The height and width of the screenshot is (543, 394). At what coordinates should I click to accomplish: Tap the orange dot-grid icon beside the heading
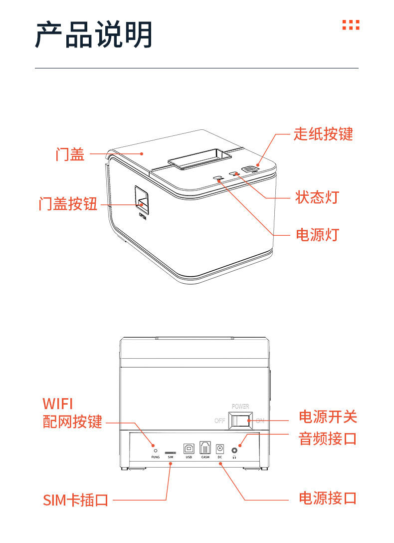pos(351,25)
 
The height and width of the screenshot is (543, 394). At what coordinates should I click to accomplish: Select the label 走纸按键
pos(323,134)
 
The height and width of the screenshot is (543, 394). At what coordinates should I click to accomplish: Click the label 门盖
pos(70,154)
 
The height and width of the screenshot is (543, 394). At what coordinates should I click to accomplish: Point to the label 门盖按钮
pos(68,204)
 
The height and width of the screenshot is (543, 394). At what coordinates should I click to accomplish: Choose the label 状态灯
pos(317,197)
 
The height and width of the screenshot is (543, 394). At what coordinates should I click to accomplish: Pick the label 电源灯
pos(317,234)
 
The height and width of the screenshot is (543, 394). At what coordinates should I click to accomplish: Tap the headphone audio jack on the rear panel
pos(234,448)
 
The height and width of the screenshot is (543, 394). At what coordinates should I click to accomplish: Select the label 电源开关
pos(328,417)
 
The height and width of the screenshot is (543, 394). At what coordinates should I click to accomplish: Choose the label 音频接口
pos(328,439)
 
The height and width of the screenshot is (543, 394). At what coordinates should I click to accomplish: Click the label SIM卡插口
pos(76,500)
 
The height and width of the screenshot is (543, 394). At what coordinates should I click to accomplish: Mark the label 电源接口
pos(328,498)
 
